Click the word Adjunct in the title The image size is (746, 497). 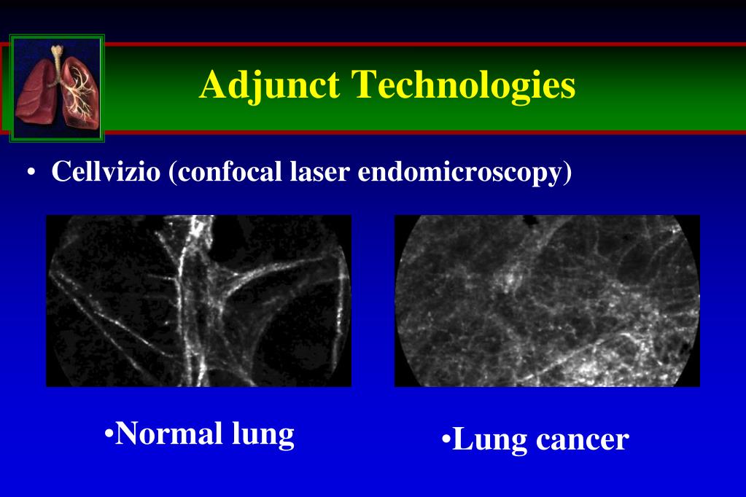[x=270, y=85]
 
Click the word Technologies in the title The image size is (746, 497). [x=463, y=85]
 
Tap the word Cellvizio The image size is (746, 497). [x=106, y=171]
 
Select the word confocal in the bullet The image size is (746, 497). [x=229, y=172]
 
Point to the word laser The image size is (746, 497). [x=320, y=172]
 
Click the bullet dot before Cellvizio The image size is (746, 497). [x=31, y=172]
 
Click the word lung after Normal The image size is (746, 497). [x=263, y=435]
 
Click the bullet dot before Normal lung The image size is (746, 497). [x=109, y=434]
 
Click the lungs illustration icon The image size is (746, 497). [x=57, y=88]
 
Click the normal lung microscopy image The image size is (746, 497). [x=199, y=300]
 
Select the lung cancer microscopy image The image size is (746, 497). [x=547, y=300]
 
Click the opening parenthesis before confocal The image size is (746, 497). [x=172, y=172]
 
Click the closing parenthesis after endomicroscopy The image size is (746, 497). [x=567, y=172]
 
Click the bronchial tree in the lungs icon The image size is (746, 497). [x=80, y=93]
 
